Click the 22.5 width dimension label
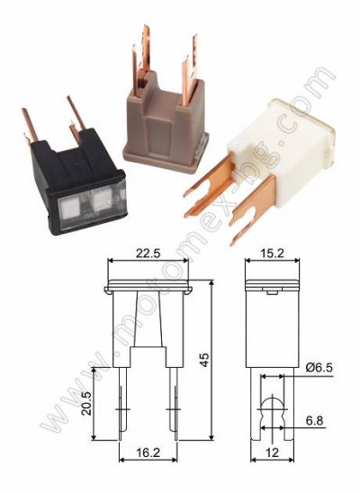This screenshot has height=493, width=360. (148, 253)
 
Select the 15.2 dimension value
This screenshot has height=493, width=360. (273, 253)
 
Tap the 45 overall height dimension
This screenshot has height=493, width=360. (204, 360)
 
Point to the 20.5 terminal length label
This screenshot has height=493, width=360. (86, 404)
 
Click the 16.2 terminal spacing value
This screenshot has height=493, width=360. (148, 453)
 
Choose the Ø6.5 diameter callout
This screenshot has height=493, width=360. (318, 368)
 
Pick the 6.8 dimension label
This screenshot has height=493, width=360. (315, 420)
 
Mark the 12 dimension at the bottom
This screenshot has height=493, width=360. (273, 453)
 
